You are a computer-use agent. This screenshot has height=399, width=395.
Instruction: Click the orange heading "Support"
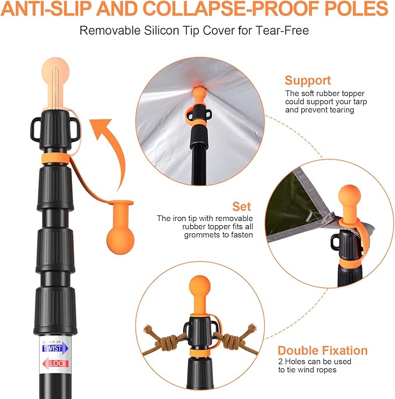coord(308,80)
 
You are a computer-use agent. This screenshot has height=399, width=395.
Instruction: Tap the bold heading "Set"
coord(241,206)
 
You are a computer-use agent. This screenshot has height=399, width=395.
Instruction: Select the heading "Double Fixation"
coord(322,350)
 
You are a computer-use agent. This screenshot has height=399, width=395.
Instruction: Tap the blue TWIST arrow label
coord(55,348)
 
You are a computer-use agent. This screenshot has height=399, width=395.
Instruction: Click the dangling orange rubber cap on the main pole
coord(120,229)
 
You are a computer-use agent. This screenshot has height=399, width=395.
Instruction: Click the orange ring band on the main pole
coord(55,159)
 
